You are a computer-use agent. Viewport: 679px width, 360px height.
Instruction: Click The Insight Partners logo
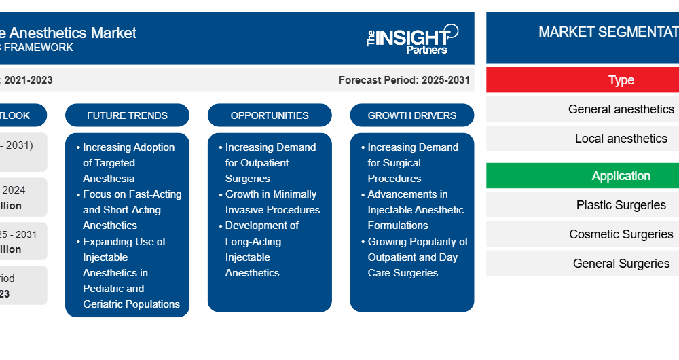point(412,39)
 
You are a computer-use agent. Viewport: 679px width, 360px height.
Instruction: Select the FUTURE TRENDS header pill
point(127,115)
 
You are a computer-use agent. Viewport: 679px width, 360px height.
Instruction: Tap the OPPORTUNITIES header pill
point(270,115)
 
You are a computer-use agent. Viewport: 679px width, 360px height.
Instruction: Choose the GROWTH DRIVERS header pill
point(412,115)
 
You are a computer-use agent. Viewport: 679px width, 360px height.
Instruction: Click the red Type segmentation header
point(621,80)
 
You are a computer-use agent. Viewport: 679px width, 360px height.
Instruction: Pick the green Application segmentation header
point(621,176)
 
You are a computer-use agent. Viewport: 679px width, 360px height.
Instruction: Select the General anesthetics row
point(621,109)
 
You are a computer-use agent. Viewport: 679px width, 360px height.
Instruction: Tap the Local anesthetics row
point(621,139)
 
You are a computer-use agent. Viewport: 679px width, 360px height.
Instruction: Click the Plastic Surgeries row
point(621,205)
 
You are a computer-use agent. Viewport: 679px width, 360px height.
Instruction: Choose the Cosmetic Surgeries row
point(621,234)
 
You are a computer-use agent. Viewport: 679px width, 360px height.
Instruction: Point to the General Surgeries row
point(621,264)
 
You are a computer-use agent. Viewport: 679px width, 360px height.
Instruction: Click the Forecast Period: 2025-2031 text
point(404,80)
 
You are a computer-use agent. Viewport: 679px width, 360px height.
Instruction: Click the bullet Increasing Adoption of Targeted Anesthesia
point(128,163)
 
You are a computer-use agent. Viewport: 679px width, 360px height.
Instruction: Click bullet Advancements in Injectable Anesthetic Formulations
point(415,210)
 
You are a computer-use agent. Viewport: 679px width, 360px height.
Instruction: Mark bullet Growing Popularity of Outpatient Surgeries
point(417,257)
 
